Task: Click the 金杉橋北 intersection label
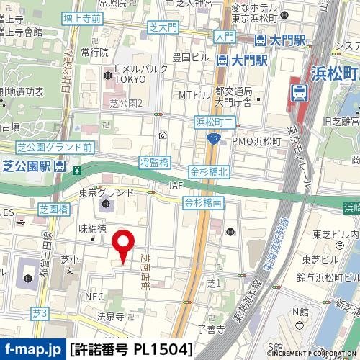click(x=209, y=172)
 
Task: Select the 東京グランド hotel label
click(x=107, y=192)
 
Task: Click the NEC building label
click(x=94, y=297)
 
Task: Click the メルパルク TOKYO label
click(x=134, y=73)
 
